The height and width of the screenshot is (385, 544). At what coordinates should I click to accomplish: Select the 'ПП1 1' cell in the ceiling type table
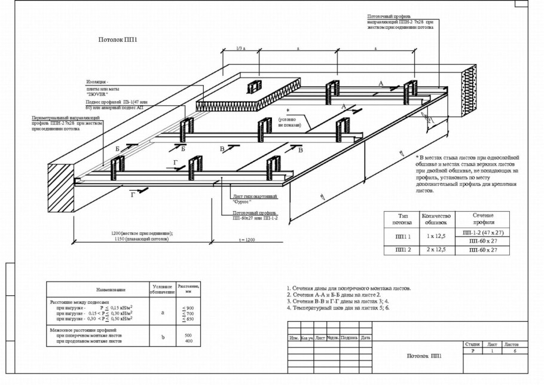tap(400, 236)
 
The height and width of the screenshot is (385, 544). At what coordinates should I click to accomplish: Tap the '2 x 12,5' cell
tap(436, 250)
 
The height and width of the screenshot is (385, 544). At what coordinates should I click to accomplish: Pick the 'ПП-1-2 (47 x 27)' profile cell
tap(484, 231)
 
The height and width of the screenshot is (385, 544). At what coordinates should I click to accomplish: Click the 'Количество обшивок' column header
tap(436, 218)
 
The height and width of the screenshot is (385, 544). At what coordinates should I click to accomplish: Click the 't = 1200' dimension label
tap(246, 239)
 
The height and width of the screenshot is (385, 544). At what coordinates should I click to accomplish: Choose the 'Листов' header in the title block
tap(512, 344)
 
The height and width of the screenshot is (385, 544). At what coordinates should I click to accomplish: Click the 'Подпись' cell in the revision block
tap(350, 338)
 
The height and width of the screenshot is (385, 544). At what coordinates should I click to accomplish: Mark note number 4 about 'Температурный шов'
tap(338, 308)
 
